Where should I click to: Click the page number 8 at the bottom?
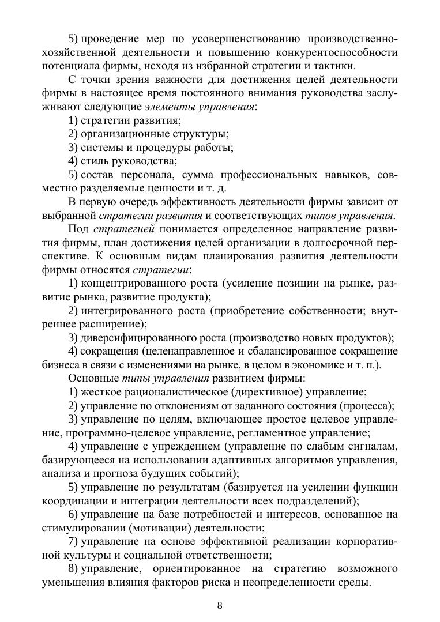tap(220, 605)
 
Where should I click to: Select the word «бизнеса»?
tap(60, 365)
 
